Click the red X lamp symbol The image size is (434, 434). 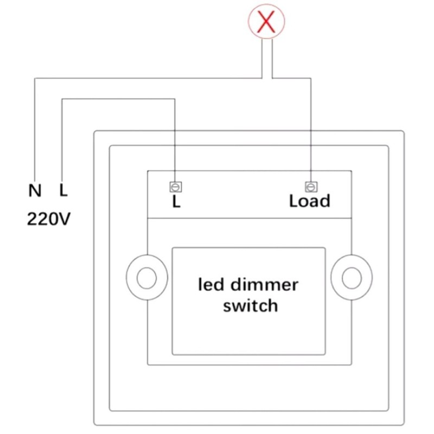pos(266,22)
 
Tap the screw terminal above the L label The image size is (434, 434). pos(175,187)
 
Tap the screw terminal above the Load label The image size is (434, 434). pos(310,187)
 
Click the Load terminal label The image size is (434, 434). pos(309,201)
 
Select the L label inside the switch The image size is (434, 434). pos(175,202)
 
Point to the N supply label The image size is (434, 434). pos(35,190)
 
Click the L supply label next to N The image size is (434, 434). pos(63,190)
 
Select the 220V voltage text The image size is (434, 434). pos(49,219)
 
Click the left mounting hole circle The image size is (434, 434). pos(145,278)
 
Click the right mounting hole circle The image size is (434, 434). pos(351,278)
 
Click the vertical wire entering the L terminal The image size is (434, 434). pos(175,141)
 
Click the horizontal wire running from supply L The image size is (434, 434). pos(119,99)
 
